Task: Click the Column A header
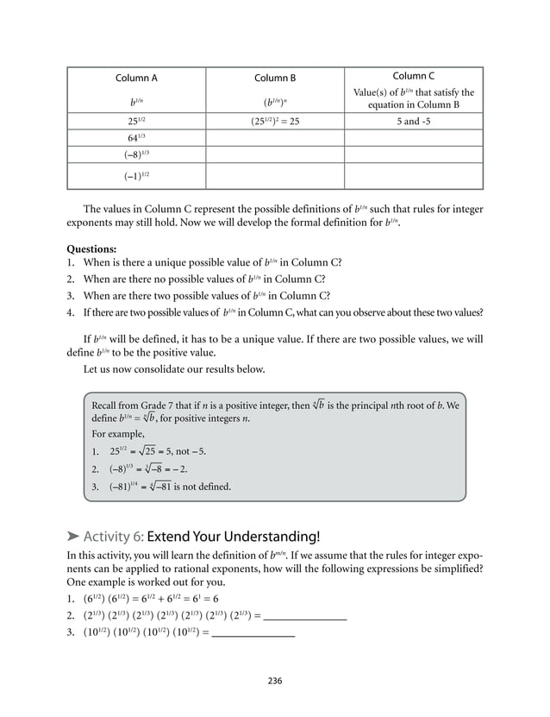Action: [136, 79]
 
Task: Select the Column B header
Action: [275, 79]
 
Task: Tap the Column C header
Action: [413, 76]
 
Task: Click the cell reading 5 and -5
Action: [413, 122]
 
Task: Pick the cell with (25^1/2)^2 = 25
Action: [275, 122]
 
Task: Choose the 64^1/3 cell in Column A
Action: [136, 138]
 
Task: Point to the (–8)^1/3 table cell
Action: [136, 155]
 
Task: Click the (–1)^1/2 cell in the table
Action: [136, 176]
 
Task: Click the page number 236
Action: [275, 681]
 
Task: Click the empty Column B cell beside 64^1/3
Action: [275, 138]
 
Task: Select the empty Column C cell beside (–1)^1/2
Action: [413, 176]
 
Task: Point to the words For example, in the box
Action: [119, 433]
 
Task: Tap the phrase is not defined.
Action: [203, 487]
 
